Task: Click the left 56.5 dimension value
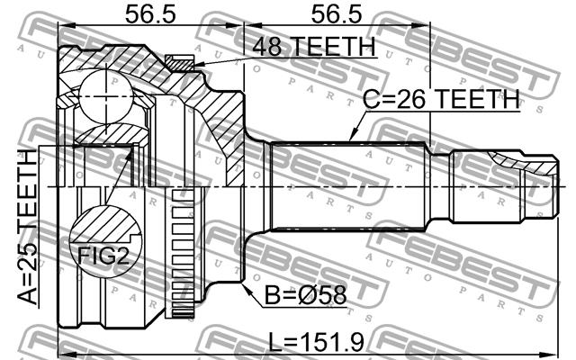click(x=150, y=14)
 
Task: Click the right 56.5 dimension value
click(x=337, y=14)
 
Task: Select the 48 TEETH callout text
click(x=314, y=46)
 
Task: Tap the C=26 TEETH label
click(x=442, y=98)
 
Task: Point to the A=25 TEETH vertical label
click(x=28, y=228)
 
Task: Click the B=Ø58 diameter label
click(x=306, y=295)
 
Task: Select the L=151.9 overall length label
click(x=316, y=342)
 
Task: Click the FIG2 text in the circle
click(x=103, y=256)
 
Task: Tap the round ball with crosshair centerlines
click(x=106, y=95)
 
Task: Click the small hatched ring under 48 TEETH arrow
click(x=179, y=62)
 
